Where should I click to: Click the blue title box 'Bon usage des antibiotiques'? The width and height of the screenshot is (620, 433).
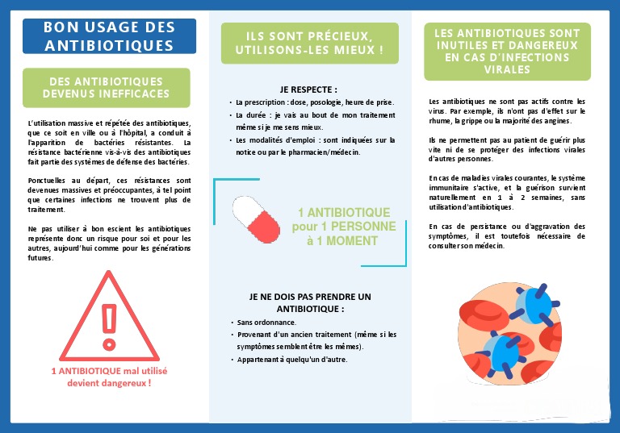click(109, 36)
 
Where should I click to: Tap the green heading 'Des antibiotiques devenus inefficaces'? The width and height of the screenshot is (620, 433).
click(106, 88)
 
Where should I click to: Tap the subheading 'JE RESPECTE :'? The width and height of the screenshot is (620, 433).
click(308, 90)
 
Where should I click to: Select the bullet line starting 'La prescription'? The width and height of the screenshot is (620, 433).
click(313, 103)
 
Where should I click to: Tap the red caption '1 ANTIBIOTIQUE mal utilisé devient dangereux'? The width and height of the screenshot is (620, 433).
click(109, 377)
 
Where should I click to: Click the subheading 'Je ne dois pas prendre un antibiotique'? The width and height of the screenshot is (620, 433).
click(310, 302)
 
